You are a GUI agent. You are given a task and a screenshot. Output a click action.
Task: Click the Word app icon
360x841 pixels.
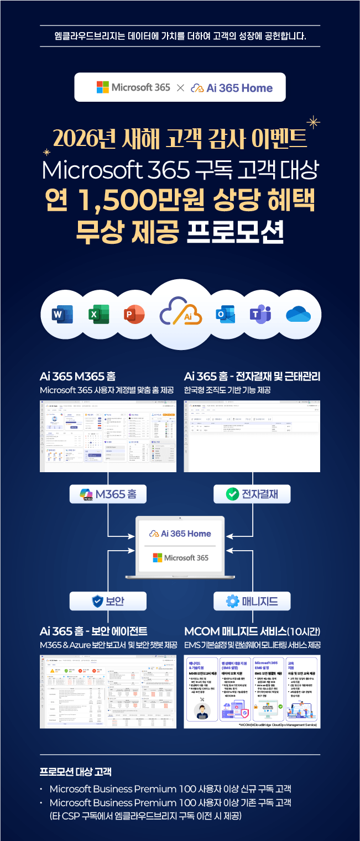pos(62,315)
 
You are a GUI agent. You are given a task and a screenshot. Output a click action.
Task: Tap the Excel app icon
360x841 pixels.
pos(98,315)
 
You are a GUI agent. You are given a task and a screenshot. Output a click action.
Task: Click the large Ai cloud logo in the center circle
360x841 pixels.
pos(180,314)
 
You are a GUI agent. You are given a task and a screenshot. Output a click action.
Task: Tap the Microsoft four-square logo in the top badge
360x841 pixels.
pos(103,87)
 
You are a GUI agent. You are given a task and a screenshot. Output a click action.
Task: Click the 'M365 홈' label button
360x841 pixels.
pos(108,494)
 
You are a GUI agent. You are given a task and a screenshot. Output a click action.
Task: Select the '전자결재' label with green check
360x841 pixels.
pos(252,494)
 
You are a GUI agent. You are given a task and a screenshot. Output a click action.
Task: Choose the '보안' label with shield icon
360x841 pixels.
pos(108,601)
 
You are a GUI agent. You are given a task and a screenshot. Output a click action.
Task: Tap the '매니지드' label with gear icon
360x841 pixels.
pos(252,601)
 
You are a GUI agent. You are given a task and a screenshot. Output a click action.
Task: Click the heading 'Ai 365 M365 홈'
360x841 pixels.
pos(77,377)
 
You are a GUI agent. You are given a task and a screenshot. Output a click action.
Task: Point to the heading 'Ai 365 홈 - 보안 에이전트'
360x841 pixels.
pos(101,631)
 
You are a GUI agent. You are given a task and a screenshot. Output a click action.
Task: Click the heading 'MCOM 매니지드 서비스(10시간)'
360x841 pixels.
pos(252,631)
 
